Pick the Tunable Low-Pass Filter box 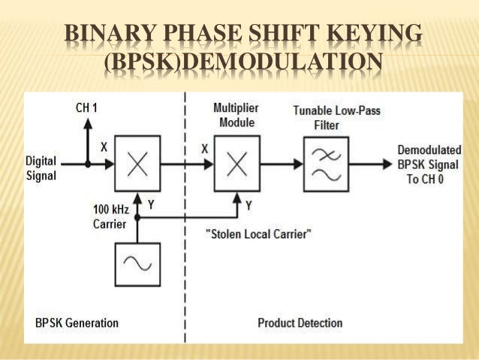[x=326, y=161]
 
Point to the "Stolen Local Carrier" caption [x=258, y=234]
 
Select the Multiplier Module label [x=233, y=114]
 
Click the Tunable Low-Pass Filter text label [x=326, y=118]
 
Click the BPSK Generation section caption [x=77, y=323]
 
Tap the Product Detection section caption [x=300, y=323]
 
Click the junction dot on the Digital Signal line [x=87, y=162]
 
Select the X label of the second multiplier [x=204, y=149]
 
